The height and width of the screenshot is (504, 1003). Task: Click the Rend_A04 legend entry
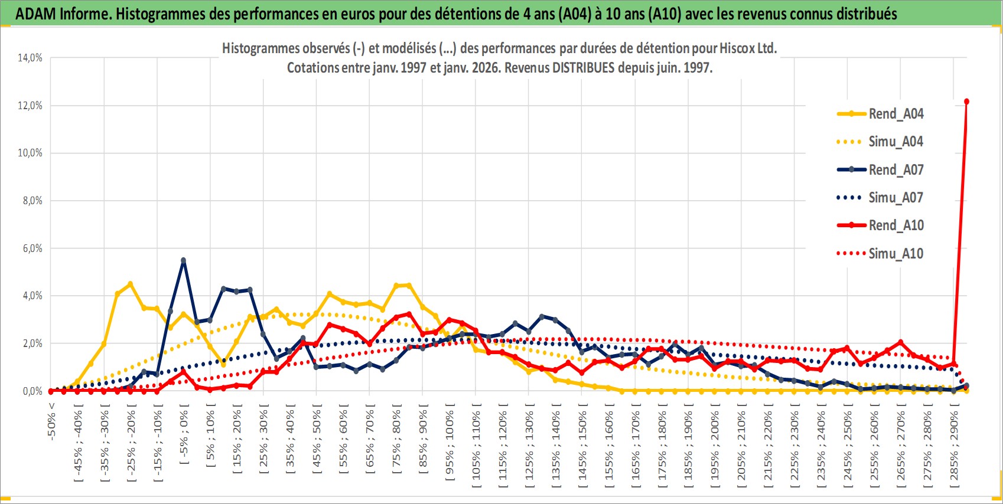click(895, 114)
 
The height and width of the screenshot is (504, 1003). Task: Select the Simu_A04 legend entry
click(895, 142)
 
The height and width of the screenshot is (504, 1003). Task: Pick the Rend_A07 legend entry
click(895, 170)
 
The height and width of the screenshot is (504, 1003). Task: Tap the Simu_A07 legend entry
click(895, 198)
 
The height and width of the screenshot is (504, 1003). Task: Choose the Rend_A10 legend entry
click(895, 225)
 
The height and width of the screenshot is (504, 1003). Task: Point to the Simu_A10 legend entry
click(895, 254)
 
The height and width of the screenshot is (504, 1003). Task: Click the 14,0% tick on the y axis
click(30, 58)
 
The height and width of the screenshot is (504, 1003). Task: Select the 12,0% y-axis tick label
click(30, 106)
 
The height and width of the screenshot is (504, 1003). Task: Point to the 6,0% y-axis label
click(32, 248)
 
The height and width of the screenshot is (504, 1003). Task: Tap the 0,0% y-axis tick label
click(32, 391)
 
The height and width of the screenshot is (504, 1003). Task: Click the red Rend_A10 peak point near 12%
click(966, 102)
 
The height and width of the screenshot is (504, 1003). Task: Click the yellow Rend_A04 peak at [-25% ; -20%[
click(131, 284)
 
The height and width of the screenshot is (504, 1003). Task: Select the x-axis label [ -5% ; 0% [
click(184, 437)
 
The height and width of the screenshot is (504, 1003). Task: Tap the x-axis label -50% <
click(52, 421)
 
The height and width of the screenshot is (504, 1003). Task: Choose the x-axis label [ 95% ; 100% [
click(450, 443)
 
